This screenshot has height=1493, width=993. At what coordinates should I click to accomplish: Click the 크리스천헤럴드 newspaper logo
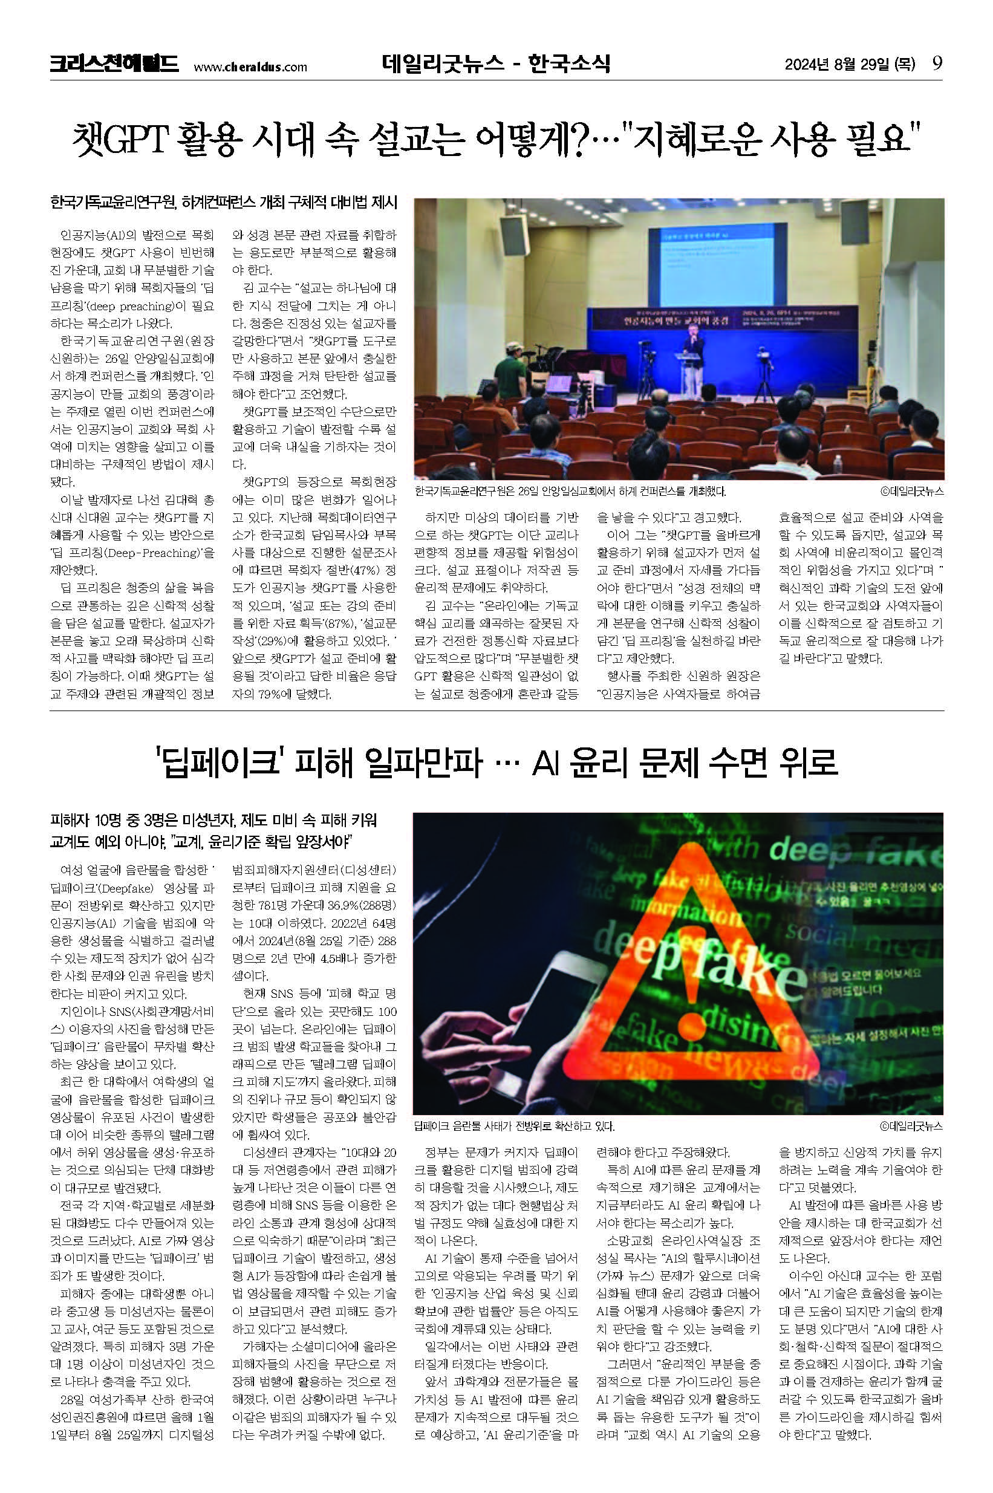coord(114,65)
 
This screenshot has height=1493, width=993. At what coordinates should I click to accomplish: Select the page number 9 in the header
coord(937,64)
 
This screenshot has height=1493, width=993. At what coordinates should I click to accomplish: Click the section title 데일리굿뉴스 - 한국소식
coord(496,63)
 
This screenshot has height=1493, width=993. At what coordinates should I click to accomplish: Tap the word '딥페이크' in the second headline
coord(218,763)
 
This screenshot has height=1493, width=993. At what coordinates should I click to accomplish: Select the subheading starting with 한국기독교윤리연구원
coord(223,203)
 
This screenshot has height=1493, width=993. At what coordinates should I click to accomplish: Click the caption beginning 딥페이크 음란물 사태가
coord(513,1126)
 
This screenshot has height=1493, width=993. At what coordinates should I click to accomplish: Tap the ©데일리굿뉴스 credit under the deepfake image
coord(911,1126)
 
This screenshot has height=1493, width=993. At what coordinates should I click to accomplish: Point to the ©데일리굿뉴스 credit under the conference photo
coord(911,490)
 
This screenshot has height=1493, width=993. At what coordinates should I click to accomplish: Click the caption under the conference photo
coord(570,490)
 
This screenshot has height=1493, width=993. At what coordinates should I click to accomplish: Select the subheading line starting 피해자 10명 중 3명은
coord(213,821)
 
